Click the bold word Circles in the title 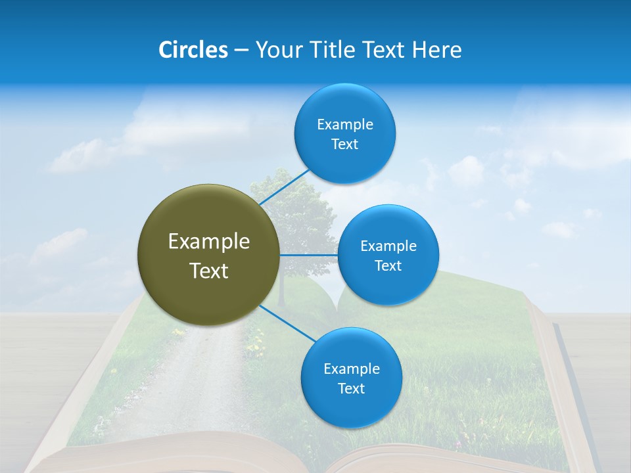click(193, 50)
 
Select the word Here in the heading click(436, 50)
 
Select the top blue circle click(344, 133)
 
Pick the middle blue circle click(388, 255)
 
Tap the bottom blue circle click(351, 378)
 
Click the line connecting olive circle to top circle click(285, 187)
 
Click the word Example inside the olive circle click(209, 242)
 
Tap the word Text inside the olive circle click(209, 271)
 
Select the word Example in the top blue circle click(344, 124)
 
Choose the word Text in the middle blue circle click(388, 265)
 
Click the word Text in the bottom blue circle click(351, 388)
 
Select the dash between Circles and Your click(241, 51)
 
